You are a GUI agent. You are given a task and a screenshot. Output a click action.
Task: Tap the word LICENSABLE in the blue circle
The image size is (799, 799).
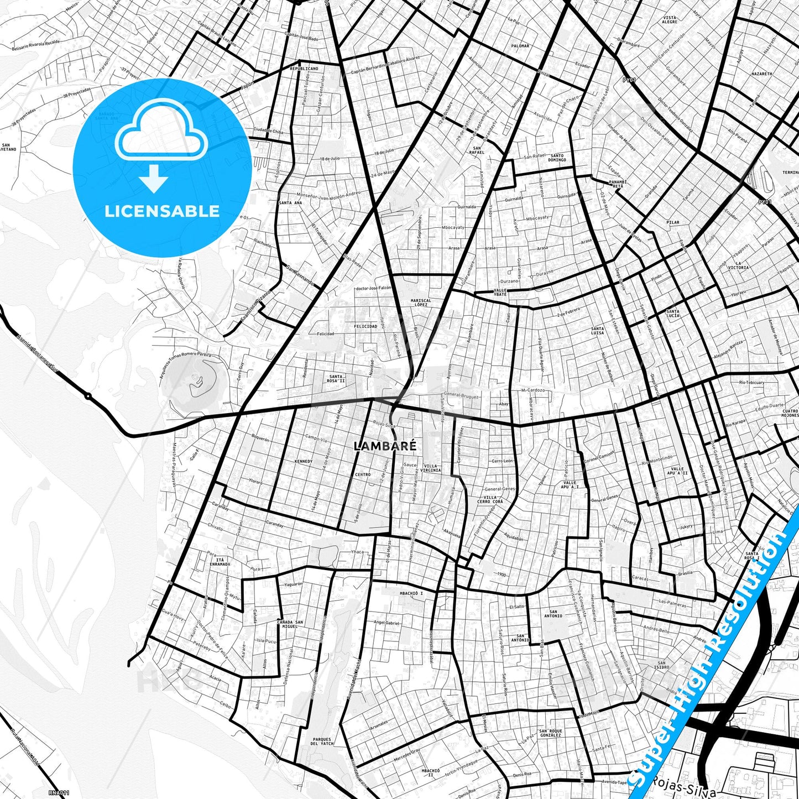coord(162,211)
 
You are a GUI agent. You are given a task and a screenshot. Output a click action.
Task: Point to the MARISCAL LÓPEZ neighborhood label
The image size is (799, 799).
coord(420,302)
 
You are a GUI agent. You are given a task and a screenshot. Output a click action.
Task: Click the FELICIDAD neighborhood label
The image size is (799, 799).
coord(365,326)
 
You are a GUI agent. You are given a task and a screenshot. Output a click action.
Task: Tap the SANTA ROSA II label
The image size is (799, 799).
coord(336,379)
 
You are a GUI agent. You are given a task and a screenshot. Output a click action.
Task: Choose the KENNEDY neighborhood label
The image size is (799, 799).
coord(304,461)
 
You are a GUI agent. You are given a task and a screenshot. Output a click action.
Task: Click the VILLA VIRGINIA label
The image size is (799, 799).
coord(431,468)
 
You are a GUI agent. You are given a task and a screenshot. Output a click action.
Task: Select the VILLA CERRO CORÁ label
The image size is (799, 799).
coord(490,499)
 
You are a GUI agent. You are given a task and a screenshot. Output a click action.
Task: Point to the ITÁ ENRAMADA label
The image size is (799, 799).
coord(220,562)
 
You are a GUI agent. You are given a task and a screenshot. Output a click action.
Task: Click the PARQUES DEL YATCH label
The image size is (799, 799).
coord(321,741)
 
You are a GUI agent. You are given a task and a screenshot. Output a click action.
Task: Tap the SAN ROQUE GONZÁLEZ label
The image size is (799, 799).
coord(550,733)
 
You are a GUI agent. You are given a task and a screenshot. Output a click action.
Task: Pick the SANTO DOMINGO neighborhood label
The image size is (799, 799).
coord(557,158)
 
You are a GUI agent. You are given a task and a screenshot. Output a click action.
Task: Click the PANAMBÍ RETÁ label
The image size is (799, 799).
coord(617,184)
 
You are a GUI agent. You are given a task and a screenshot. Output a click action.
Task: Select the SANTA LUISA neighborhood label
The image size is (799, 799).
coord(597,331)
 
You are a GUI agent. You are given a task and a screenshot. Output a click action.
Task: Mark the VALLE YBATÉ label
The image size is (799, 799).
coord(500,291)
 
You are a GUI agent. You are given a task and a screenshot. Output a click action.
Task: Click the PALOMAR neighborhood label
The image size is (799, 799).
coord(520,46)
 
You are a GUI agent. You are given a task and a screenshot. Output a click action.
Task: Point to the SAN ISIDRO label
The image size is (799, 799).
coord(662,665)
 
